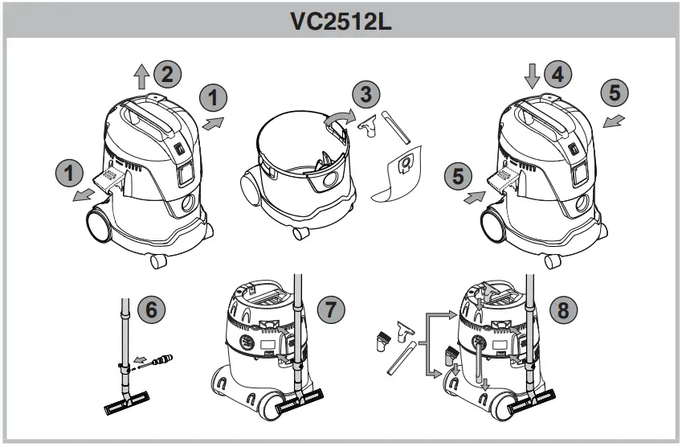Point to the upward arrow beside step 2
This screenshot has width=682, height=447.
[141, 76]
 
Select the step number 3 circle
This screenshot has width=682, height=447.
[367, 95]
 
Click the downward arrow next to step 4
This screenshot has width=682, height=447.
[532, 77]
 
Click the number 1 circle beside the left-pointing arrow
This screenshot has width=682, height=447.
[70, 171]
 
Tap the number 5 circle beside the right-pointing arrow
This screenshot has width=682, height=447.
[458, 174]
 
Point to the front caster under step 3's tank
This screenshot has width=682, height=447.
[300, 233]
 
